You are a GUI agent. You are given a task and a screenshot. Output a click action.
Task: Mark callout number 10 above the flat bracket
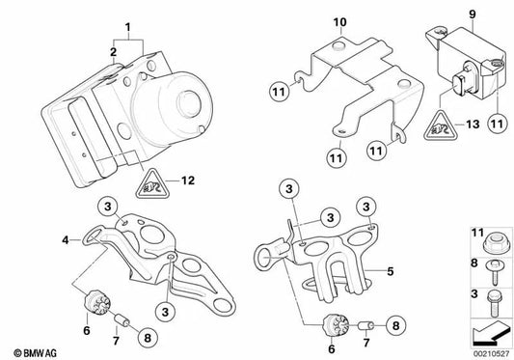338,20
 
